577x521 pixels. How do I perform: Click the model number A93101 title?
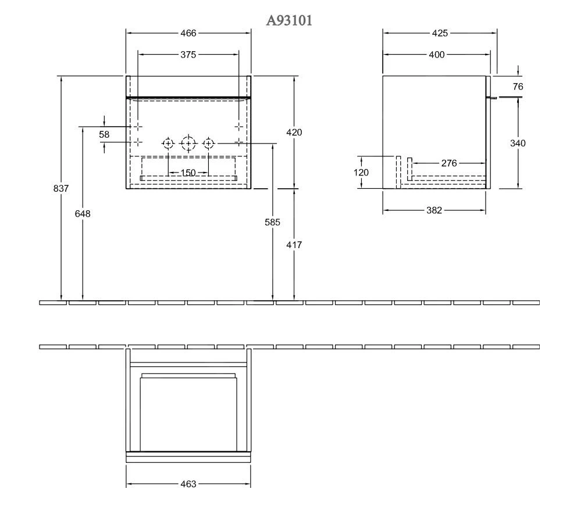point(289,20)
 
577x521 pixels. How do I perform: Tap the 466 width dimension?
point(188,33)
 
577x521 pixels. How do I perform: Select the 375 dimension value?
point(188,55)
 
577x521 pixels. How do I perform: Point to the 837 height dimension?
point(61,189)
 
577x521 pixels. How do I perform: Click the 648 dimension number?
point(83,214)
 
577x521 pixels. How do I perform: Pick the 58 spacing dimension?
point(104,135)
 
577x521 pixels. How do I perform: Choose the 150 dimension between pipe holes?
point(188,173)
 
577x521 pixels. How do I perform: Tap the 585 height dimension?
point(272,222)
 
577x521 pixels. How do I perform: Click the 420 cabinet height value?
point(294,132)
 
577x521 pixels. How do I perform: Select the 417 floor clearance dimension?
point(294,245)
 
